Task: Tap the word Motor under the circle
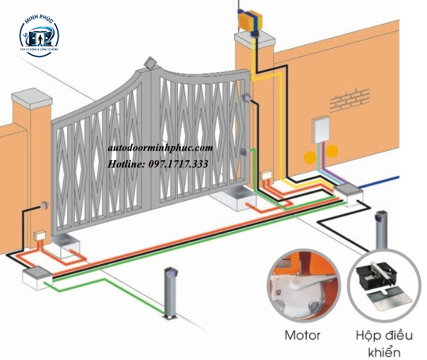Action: [302, 335]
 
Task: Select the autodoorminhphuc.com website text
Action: [160, 149]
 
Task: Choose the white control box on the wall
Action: [322, 130]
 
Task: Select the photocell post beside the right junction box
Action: [380, 230]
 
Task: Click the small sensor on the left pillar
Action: [45, 206]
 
